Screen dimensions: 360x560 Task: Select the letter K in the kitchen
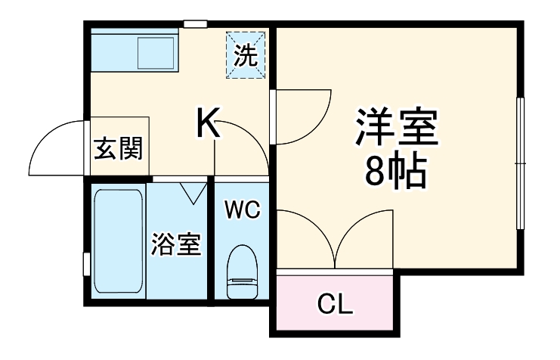(209, 123)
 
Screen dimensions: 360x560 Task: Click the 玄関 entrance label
(117, 149)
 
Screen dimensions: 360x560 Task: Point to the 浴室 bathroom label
(176, 244)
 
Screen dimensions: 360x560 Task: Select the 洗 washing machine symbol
(246, 54)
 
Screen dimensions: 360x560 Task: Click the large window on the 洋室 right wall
(519, 163)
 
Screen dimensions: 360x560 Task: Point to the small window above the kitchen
(196, 24)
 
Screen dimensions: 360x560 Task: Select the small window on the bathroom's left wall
(86, 264)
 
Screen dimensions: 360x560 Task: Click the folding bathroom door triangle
(193, 191)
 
